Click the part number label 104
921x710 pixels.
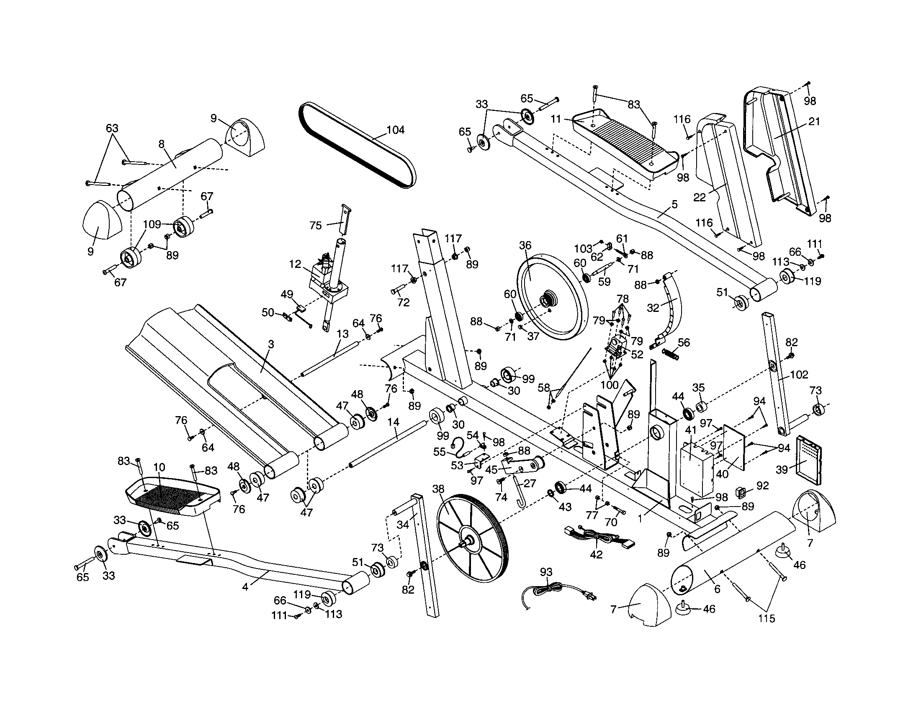coord(395,130)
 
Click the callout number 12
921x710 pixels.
coord(295,264)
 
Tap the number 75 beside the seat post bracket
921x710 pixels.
coord(315,226)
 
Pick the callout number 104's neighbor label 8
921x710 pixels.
coord(162,144)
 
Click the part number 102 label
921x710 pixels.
coord(799,374)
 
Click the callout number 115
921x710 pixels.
coord(766,618)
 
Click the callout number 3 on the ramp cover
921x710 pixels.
coord(271,345)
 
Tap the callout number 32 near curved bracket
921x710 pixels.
coord(653,308)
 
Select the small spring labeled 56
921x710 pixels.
coord(671,355)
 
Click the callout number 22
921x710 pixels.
coord(700,197)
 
